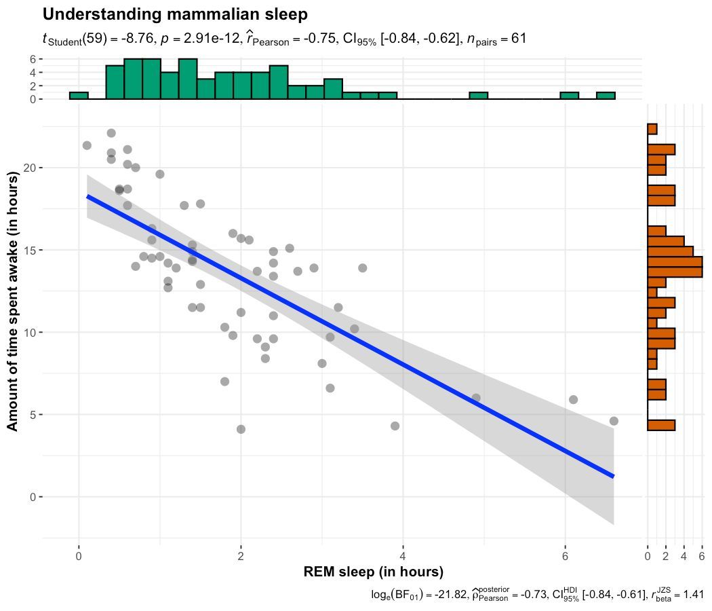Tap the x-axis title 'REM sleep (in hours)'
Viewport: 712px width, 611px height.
(x=363, y=571)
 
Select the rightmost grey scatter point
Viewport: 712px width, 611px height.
(x=614, y=421)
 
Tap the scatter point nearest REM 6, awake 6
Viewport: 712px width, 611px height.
(x=573, y=400)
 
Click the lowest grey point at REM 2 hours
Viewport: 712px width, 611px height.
(x=241, y=429)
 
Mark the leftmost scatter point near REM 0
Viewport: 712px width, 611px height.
(x=87, y=145)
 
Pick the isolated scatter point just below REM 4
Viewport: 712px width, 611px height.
(x=395, y=426)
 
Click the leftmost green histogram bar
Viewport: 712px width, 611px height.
(x=79, y=96)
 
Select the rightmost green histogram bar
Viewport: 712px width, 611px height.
(x=606, y=96)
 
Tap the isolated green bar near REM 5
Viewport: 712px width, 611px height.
(x=478, y=96)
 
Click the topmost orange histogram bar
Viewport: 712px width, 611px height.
(x=652, y=129)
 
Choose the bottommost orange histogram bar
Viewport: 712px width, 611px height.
(x=661, y=425)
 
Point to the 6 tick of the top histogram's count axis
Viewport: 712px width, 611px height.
(x=32, y=59)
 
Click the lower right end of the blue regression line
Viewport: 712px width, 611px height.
(x=612, y=476)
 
